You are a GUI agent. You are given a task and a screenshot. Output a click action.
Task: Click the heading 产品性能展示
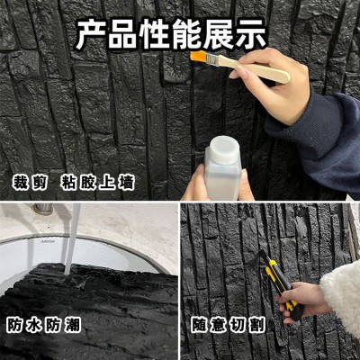pyautogui.click(x=170, y=34)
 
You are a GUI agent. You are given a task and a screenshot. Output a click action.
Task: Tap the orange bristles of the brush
pyautogui.click(x=199, y=57)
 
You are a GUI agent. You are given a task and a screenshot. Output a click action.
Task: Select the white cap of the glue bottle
pyautogui.click(x=225, y=149)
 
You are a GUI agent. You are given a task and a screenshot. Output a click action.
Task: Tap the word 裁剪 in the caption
pyautogui.click(x=30, y=182)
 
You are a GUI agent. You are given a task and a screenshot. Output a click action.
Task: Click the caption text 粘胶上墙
pyautogui.click(x=97, y=182)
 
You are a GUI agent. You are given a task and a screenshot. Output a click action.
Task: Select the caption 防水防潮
pyautogui.click(x=43, y=325)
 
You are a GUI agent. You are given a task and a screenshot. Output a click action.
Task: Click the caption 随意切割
pyautogui.click(x=229, y=325)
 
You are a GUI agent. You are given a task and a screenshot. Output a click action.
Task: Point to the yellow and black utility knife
pyautogui.click(x=280, y=283)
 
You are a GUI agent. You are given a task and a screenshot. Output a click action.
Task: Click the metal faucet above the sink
pyautogui.click(x=42, y=209)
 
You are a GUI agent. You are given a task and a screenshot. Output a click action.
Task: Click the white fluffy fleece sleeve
pyautogui.click(x=342, y=299)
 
